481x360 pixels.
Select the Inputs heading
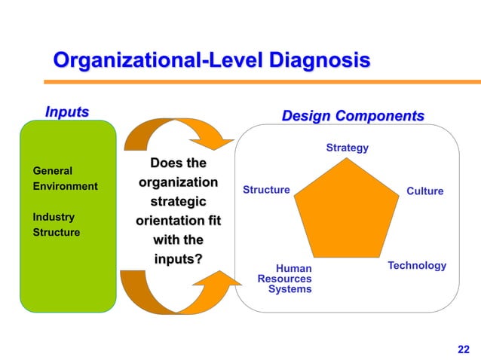click(66, 112)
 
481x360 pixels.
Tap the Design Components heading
click(352, 116)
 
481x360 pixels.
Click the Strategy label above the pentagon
click(347, 148)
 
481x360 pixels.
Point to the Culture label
click(424, 191)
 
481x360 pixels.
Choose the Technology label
click(417, 266)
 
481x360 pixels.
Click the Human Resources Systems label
click(285, 278)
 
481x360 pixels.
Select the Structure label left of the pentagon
click(266, 190)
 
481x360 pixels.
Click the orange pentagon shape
click(346, 211)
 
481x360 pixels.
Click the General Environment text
click(65, 178)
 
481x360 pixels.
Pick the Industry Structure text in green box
click(57, 224)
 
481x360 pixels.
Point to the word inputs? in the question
click(179, 260)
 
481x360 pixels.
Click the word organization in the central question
click(178, 183)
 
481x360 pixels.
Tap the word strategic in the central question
click(179, 203)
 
